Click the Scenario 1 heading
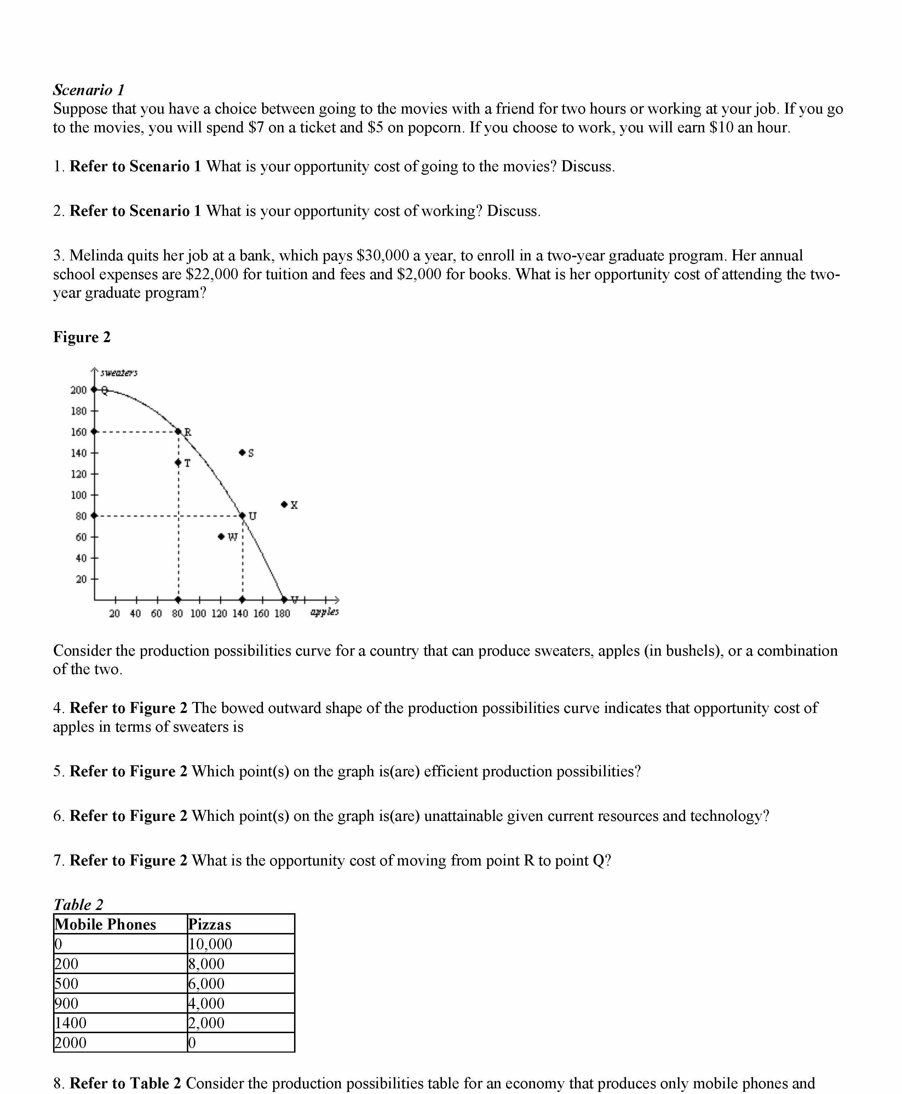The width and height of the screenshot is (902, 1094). [89, 90]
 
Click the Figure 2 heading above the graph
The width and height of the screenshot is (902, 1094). [82, 337]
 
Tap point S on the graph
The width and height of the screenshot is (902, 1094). [242, 453]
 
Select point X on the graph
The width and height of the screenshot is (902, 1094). [284, 505]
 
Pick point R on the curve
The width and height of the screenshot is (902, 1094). [178, 431]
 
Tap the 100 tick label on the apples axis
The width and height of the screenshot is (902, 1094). [198, 614]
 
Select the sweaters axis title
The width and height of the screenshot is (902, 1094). [119, 373]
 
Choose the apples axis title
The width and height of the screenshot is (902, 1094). [324, 612]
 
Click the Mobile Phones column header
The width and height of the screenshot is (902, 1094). [105, 924]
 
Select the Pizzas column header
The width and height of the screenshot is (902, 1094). [210, 924]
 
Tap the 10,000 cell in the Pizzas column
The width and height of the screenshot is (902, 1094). [211, 944]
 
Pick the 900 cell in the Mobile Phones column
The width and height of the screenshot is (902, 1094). [67, 1003]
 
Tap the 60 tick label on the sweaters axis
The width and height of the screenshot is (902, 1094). [81, 537]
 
